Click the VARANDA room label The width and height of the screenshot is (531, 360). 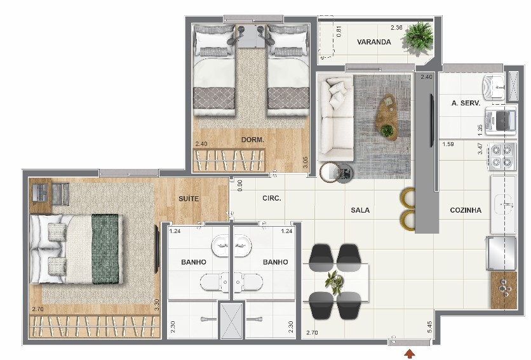pyautogui.click(x=374, y=42)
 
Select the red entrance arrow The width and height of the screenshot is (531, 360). pyautogui.click(x=410, y=354)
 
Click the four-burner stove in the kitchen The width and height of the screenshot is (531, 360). pyautogui.click(x=502, y=156)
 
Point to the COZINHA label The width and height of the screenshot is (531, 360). pyautogui.click(x=466, y=210)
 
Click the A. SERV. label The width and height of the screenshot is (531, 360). pyautogui.click(x=466, y=103)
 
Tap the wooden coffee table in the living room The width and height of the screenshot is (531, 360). pyautogui.click(x=387, y=117)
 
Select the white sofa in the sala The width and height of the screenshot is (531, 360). pyautogui.click(x=336, y=119)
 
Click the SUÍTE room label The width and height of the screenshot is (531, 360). pyautogui.click(x=189, y=199)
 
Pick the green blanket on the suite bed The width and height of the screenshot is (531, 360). pyautogui.click(x=105, y=249)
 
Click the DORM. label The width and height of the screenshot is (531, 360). pyautogui.click(x=253, y=140)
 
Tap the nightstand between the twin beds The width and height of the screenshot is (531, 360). pyautogui.click(x=251, y=36)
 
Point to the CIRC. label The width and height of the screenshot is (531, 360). pyautogui.click(x=272, y=198)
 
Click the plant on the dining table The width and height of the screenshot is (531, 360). pyautogui.click(x=335, y=282)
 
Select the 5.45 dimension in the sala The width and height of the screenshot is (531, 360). pyautogui.click(x=430, y=327)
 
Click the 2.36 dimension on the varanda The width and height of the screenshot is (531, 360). pyautogui.click(x=396, y=28)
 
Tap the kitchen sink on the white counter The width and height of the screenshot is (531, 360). pyautogui.click(x=504, y=204)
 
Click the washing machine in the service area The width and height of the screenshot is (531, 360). pyautogui.click(x=501, y=121)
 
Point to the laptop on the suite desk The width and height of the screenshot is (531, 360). pyautogui.click(x=40, y=192)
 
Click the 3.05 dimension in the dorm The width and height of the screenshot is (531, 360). pyautogui.click(x=305, y=162)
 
